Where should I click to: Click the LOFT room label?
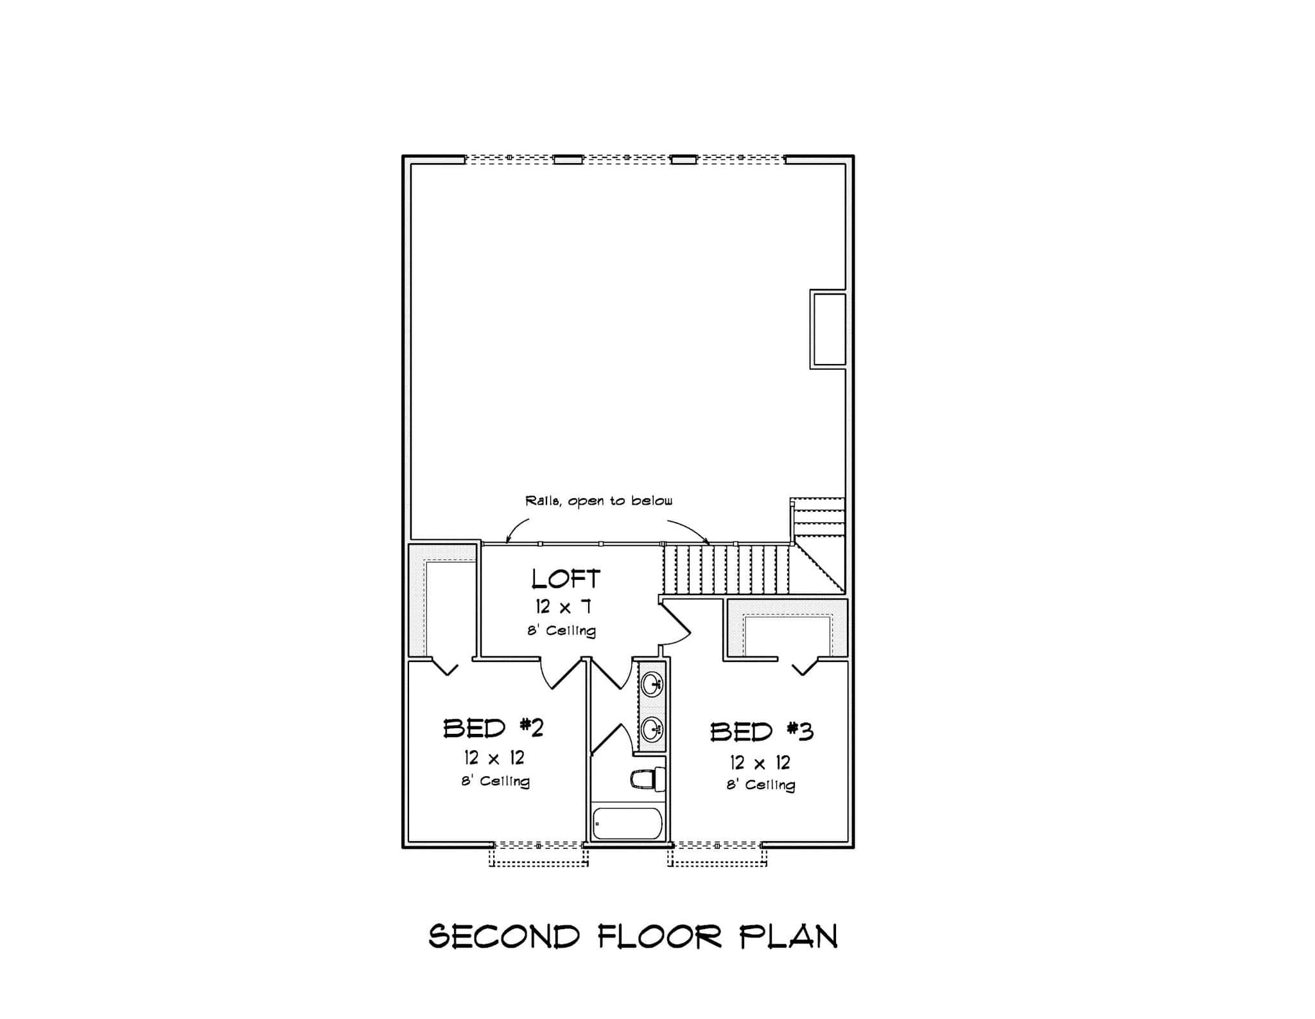566,579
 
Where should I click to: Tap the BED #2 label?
493,728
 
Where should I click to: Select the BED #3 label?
762,732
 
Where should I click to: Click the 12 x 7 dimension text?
563,606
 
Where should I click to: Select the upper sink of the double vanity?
652,683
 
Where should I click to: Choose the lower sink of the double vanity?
652,728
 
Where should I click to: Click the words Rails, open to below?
598,501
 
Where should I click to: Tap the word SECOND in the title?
504,937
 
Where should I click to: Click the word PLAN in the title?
788,937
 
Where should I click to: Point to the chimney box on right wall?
828,329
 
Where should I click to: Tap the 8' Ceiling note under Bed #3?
761,785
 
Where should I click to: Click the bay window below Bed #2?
539,854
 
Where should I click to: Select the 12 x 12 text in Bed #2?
494,758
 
